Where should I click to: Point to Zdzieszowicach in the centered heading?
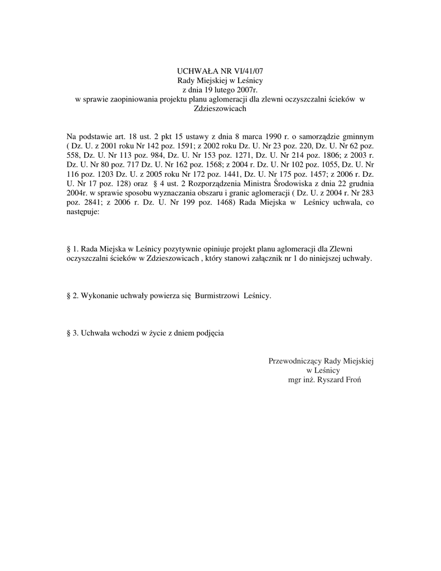(x=220, y=109)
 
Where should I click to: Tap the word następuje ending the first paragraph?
(x=82, y=212)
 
